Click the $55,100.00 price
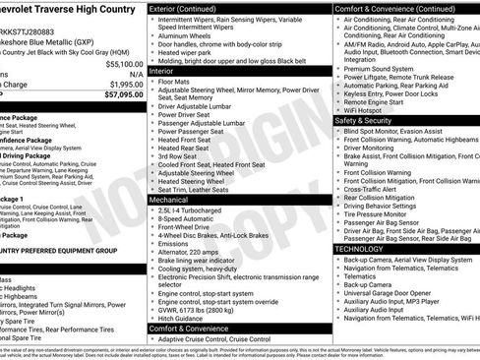click(x=117, y=63)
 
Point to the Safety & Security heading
click(x=375, y=120)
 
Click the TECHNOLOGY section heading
click(x=366, y=248)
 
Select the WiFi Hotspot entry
click(x=373, y=109)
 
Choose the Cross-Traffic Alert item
click(x=381, y=190)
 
